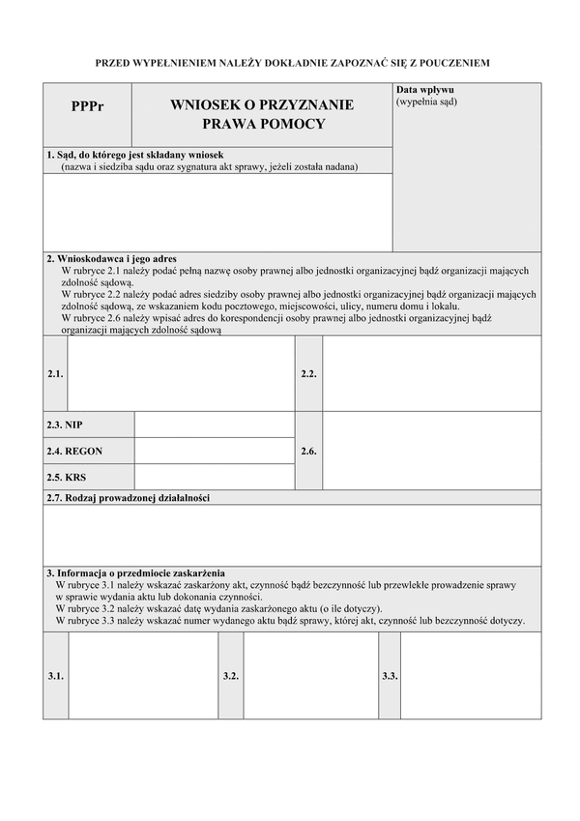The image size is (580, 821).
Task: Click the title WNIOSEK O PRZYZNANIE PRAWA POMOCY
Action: coord(262,114)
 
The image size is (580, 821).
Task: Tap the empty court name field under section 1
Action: coord(217,212)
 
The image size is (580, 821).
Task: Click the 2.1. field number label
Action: coord(55,373)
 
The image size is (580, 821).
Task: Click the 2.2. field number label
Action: coord(308,373)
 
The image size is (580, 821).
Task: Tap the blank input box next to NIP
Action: coord(215,425)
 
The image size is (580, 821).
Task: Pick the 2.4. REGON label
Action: coord(74,451)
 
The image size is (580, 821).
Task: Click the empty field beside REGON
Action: coord(215,451)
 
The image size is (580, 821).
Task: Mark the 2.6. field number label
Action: coord(308,451)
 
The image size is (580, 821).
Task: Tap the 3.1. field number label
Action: coord(55,676)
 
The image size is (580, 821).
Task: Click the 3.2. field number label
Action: coord(230,676)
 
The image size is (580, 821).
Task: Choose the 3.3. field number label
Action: coord(390,676)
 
